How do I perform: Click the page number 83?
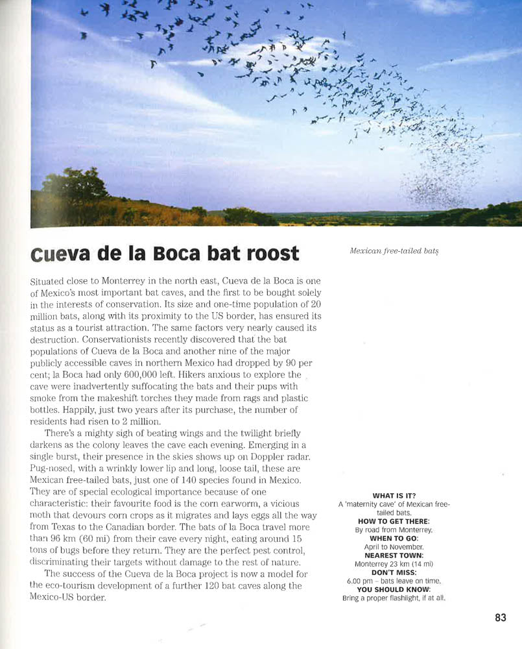(500, 618)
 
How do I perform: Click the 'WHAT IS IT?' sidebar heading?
(394, 495)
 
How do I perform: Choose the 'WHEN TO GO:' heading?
(394, 538)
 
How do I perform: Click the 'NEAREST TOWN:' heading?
(394, 556)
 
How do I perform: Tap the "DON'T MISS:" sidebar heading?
(394, 572)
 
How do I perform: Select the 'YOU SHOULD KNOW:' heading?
(394, 589)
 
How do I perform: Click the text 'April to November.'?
(394, 547)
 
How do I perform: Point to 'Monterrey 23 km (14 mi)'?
(394, 564)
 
